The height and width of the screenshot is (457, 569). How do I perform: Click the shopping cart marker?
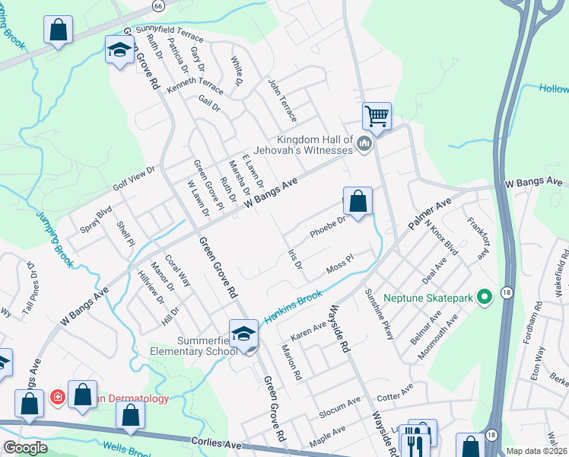[376, 117]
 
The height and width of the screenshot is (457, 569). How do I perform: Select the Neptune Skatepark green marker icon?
[483, 296]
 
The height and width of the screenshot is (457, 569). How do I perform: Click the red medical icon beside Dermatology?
[57, 397]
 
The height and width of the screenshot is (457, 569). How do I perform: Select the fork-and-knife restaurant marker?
[415, 440]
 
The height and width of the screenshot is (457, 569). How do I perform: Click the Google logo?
[24, 447]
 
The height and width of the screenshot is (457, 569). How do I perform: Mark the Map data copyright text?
[536, 450]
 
